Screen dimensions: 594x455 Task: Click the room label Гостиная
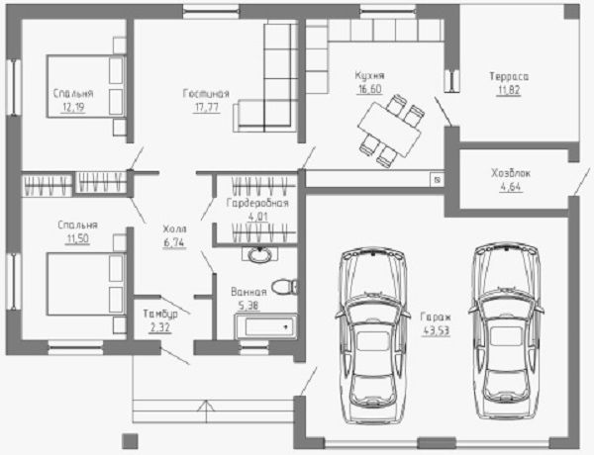click(x=206, y=94)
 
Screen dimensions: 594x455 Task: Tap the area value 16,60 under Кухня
click(x=369, y=89)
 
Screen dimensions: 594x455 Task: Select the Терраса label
click(x=509, y=76)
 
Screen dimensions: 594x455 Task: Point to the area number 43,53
click(x=436, y=330)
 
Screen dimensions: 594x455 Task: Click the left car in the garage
click(x=372, y=335)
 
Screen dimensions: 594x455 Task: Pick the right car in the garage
click(x=506, y=330)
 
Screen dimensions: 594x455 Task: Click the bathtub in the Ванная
click(x=266, y=326)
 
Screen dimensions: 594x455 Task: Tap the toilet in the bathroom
click(x=285, y=287)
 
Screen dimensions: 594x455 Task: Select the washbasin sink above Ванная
click(x=259, y=254)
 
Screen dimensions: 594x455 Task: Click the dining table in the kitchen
click(x=389, y=130)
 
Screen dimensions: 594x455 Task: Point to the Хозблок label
click(x=511, y=173)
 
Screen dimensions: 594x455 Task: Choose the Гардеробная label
click(x=257, y=203)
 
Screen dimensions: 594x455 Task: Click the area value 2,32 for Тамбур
click(x=160, y=327)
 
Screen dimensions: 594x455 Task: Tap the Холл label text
click(x=174, y=228)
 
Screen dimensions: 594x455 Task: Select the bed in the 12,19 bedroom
click(x=86, y=86)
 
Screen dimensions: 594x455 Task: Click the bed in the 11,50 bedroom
click(x=86, y=284)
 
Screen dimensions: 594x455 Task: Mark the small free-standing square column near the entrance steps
click(x=130, y=441)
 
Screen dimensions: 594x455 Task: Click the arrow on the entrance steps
click(x=207, y=411)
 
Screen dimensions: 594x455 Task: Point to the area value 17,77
click(x=207, y=108)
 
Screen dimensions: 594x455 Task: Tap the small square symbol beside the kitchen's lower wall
click(x=437, y=180)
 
